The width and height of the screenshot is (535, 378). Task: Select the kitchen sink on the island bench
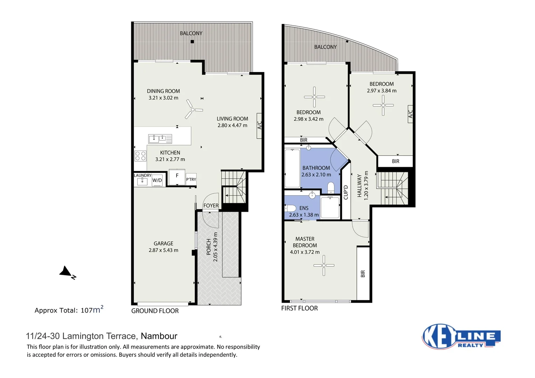160,139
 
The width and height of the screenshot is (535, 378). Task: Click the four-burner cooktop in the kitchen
140,156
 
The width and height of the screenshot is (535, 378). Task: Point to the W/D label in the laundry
157,180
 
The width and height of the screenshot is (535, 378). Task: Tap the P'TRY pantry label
191,180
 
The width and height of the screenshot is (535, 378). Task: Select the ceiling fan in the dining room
193,110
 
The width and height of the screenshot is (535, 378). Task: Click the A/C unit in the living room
259,126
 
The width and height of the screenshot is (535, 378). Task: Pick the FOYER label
211,205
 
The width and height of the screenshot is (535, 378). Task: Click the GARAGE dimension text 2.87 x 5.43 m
163,250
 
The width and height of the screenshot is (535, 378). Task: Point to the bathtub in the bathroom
292,168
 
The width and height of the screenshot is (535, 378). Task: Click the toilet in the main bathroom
331,189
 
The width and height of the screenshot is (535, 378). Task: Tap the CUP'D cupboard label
346,192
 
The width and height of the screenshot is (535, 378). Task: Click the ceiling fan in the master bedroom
324,265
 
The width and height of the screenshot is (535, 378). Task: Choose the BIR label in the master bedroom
363,274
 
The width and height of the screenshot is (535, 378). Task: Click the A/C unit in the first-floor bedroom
410,114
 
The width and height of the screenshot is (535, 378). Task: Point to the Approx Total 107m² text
69,310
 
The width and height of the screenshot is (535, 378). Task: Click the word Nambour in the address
159,336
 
